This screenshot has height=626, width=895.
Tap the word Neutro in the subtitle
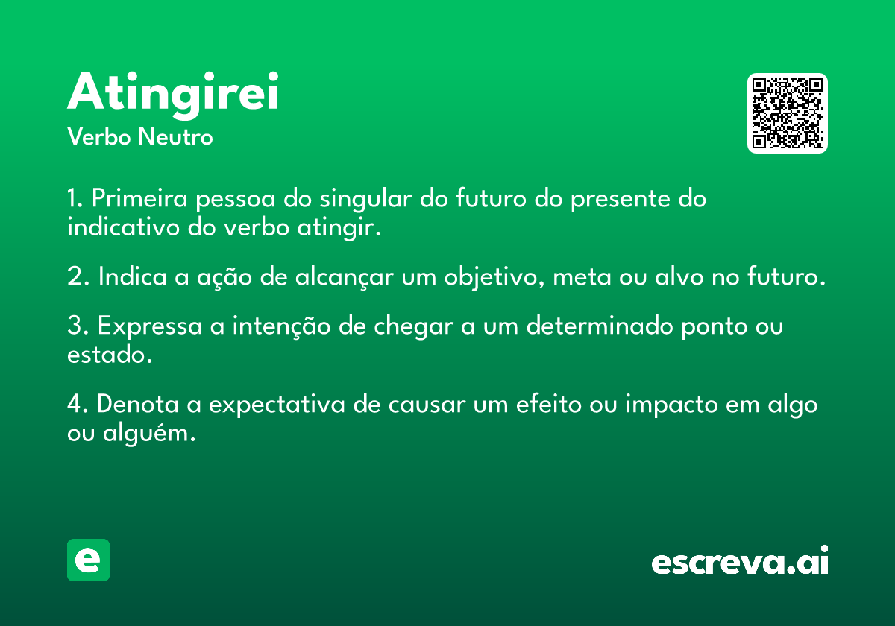click(175, 137)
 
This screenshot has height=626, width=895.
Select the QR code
click(787, 113)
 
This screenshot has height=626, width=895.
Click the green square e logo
click(88, 560)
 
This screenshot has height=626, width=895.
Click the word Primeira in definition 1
click(139, 198)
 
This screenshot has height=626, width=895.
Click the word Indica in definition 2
click(132, 276)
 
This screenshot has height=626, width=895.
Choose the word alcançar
click(345, 276)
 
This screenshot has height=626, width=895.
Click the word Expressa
click(150, 326)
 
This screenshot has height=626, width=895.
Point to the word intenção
click(281, 326)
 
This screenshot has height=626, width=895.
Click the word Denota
click(137, 404)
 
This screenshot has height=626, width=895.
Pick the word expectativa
click(277, 405)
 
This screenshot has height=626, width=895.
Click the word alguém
click(149, 433)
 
